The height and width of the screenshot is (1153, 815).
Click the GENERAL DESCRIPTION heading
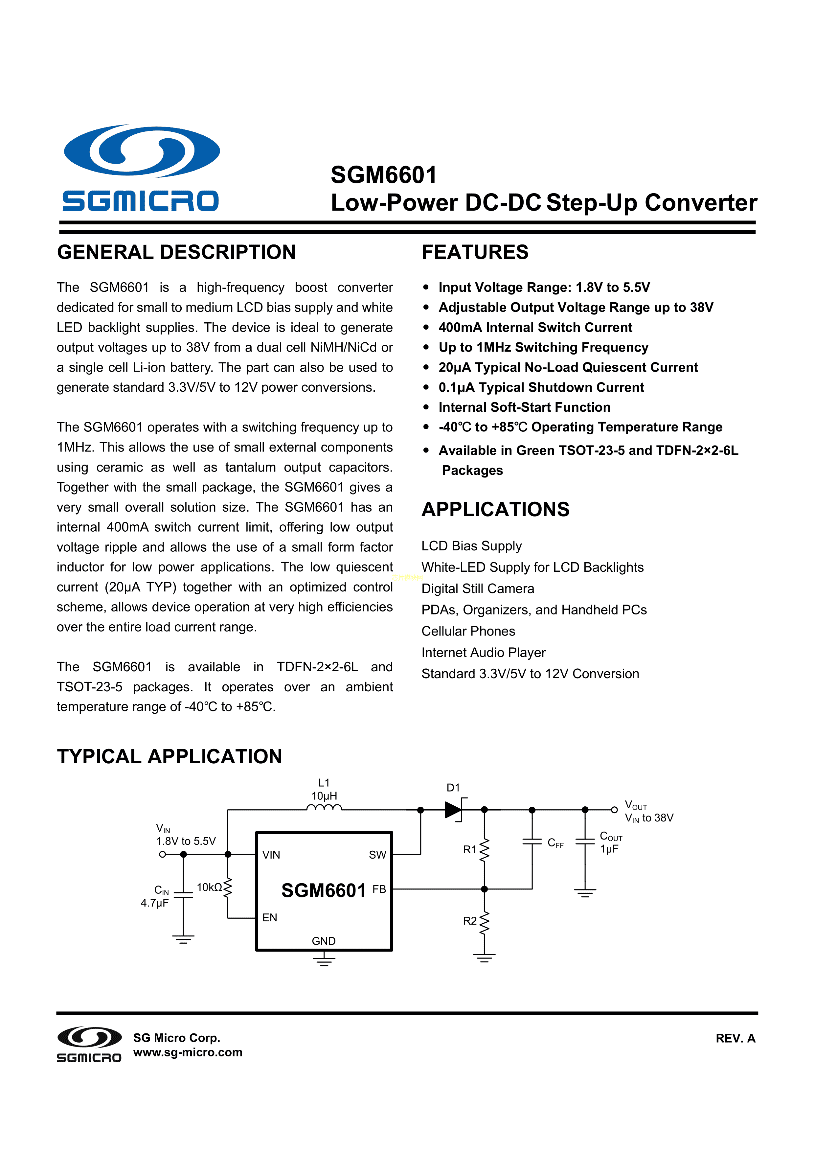pyautogui.click(x=176, y=252)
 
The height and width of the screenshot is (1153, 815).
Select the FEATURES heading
pyautogui.click(x=475, y=252)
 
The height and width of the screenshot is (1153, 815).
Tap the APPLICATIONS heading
pyautogui.click(x=495, y=509)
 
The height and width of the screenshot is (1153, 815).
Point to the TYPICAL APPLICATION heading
pyautogui.click(x=170, y=756)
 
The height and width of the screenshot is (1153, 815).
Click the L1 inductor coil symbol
pyautogui.click(x=324, y=808)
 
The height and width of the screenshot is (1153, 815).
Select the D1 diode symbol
pyautogui.click(x=453, y=810)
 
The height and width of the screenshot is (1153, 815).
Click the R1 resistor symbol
pyautogui.click(x=484, y=850)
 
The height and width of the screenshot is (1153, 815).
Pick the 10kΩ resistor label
pyautogui.click(x=209, y=888)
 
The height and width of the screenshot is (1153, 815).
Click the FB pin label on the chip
pyautogui.click(x=379, y=889)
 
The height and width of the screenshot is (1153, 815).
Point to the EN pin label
pyautogui.click(x=270, y=917)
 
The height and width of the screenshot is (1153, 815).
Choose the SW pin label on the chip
pyautogui.click(x=377, y=855)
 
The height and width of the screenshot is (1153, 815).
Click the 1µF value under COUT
pyautogui.click(x=609, y=849)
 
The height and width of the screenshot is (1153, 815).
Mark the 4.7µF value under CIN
pyautogui.click(x=155, y=903)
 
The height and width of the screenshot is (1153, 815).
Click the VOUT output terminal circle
pyautogui.click(x=614, y=810)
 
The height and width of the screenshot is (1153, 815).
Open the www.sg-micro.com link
pyautogui.click(x=188, y=1052)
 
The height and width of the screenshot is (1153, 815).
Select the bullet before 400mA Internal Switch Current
pyautogui.click(x=426, y=327)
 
